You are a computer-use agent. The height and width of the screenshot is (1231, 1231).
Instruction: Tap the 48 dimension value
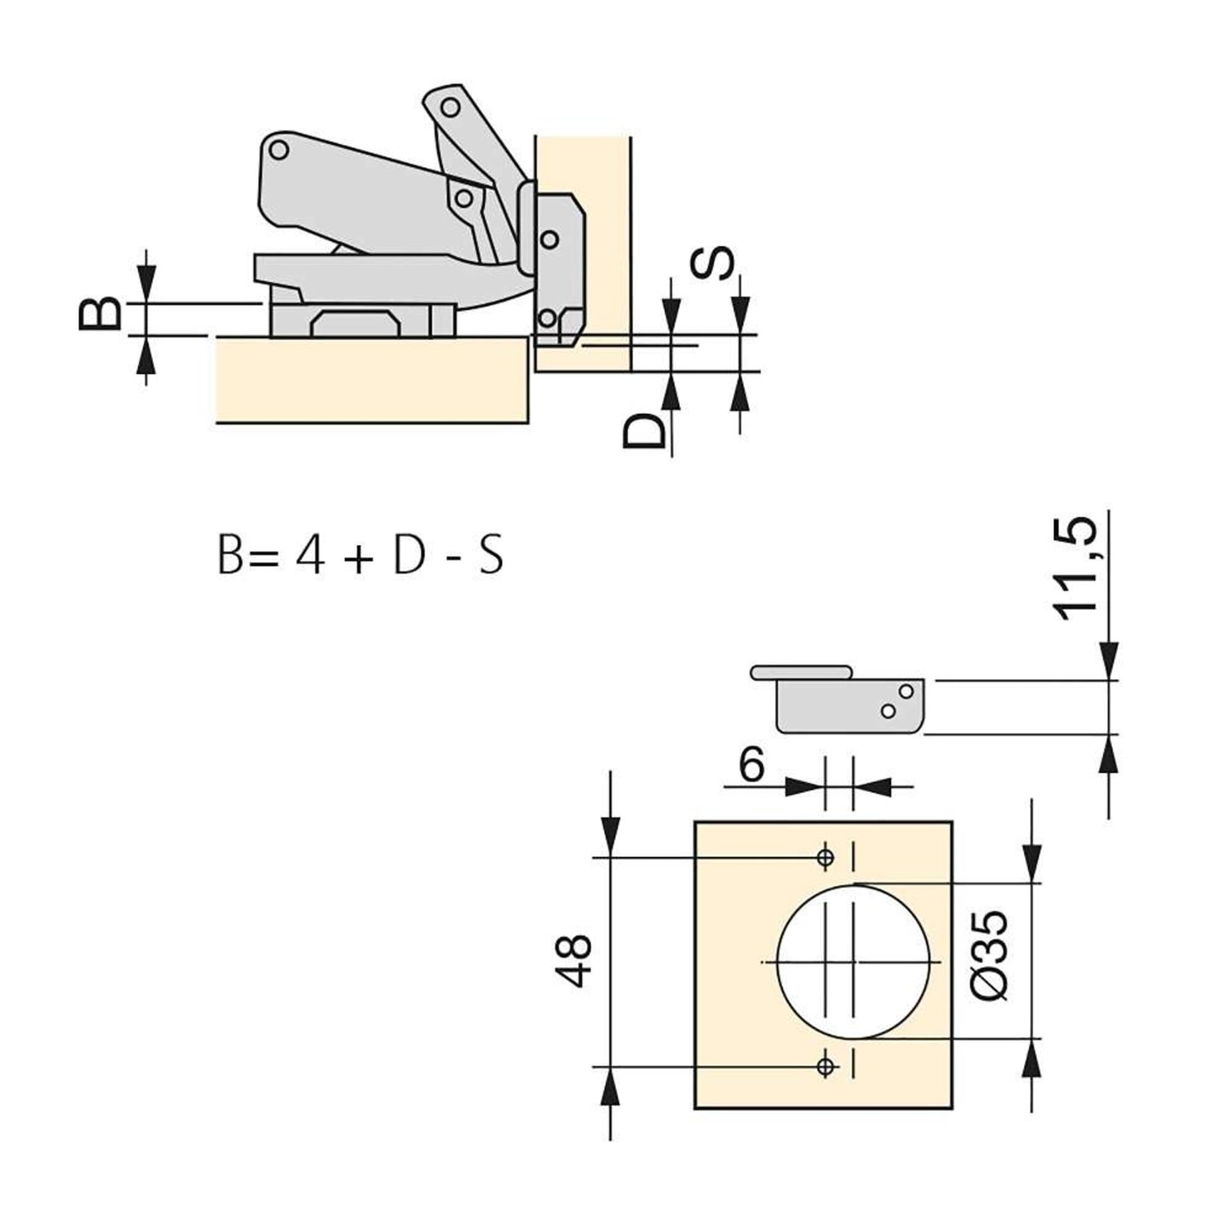pos(575,961)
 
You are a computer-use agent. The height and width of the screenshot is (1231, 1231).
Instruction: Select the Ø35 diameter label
pos(991,954)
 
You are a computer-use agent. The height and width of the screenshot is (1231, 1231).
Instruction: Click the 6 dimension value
pos(751,765)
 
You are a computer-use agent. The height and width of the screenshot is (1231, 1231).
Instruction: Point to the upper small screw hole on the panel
pos(825,857)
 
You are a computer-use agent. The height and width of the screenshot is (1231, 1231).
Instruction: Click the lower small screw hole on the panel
pos(825,1065)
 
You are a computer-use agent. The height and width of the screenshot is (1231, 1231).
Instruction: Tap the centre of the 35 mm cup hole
pos(852,961)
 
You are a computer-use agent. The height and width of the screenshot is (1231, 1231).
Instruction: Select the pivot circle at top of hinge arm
pos(451,108)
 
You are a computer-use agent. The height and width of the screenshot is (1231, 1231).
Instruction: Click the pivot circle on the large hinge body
pos(279,151)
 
